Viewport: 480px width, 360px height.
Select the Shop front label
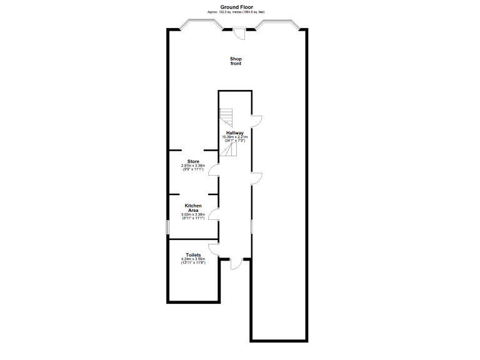click(236, 61)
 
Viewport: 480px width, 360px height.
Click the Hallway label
click(235, 133)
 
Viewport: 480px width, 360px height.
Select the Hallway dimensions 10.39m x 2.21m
click(235, 139)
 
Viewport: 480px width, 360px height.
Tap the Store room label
click(194, 161)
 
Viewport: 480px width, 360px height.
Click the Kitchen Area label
click(193, 207)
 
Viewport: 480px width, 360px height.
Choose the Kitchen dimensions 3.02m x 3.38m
click(193, 216)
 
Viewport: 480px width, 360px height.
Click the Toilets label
click(193, 255)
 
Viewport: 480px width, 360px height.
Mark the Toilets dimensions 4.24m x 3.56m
click(193, 261)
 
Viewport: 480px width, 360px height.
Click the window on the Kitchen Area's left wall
click(167, 226)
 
